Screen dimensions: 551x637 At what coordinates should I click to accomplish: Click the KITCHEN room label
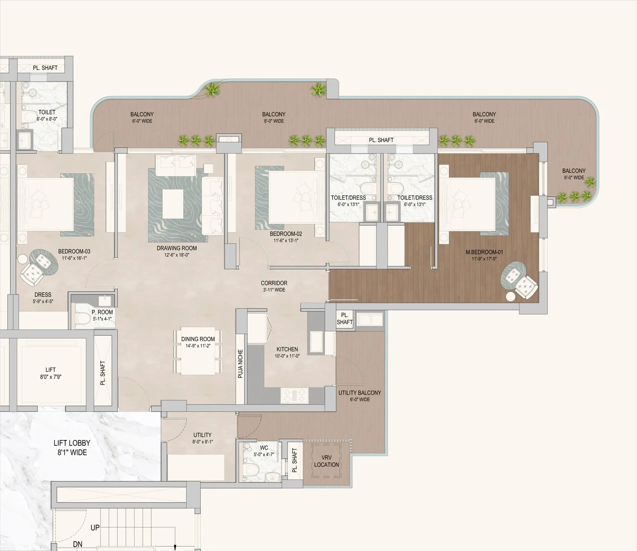tap(287, 350)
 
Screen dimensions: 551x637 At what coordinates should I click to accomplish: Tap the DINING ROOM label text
tap(198, 339)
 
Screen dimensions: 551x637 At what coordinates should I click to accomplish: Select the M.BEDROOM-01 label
tap(484, 252)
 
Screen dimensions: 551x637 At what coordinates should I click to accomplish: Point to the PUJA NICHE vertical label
tap(240, 364)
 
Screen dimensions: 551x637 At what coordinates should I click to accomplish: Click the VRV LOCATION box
tap(326, 461)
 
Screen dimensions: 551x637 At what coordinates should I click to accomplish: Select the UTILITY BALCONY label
tap(360, 393)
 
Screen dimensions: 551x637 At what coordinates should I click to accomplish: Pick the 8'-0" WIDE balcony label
tap(274, 117)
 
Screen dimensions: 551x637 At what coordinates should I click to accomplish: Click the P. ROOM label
tap(102, 313)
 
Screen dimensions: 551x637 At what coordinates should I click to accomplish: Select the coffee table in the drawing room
tap(173, 203)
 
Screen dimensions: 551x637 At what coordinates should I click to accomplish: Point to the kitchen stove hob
tap(295, 395)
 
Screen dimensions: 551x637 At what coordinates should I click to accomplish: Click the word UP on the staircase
tap(95, 528)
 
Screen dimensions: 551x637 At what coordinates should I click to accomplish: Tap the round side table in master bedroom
tap(510, 296)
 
